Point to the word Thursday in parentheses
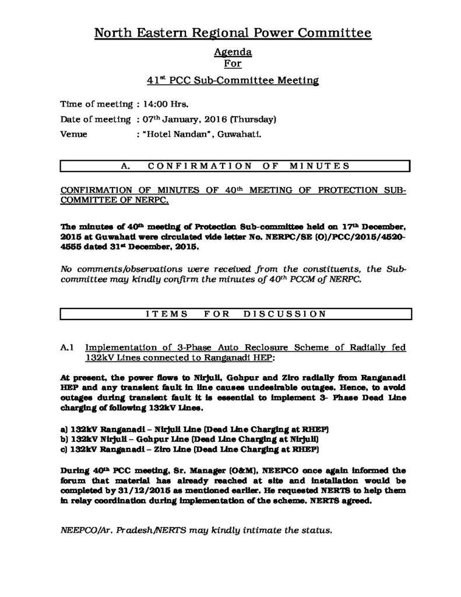click(x=252, y=120)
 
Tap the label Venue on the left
click(x=74, y=135)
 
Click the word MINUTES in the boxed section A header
click(x=319, y=166)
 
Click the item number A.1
click(x=66, y=347)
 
